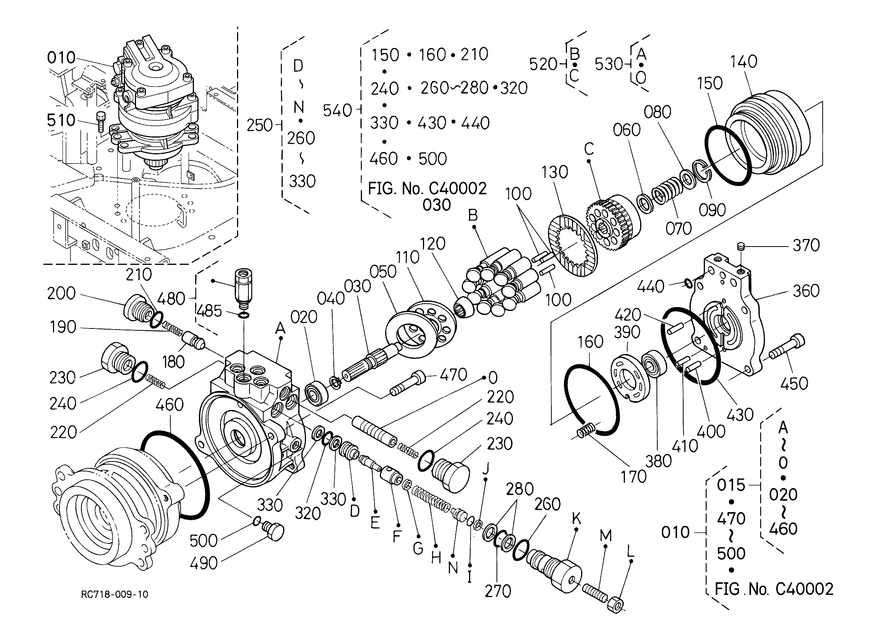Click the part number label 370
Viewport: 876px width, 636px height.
pyautogui.click(x=806, y=245)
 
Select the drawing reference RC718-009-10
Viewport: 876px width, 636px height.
pyautogui.click(x=115, y=594)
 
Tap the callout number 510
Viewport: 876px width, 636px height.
pyautogui.click(x=61, y=120)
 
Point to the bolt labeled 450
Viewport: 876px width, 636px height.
pyautogui.click(x=788, y=348)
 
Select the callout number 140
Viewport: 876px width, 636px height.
pyautogui.click(x=743, y=61)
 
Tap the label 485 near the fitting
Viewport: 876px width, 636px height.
pyautogui.click(x=209, y=311)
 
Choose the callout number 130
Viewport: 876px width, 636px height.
pyautogui.click(x=555, y=172)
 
